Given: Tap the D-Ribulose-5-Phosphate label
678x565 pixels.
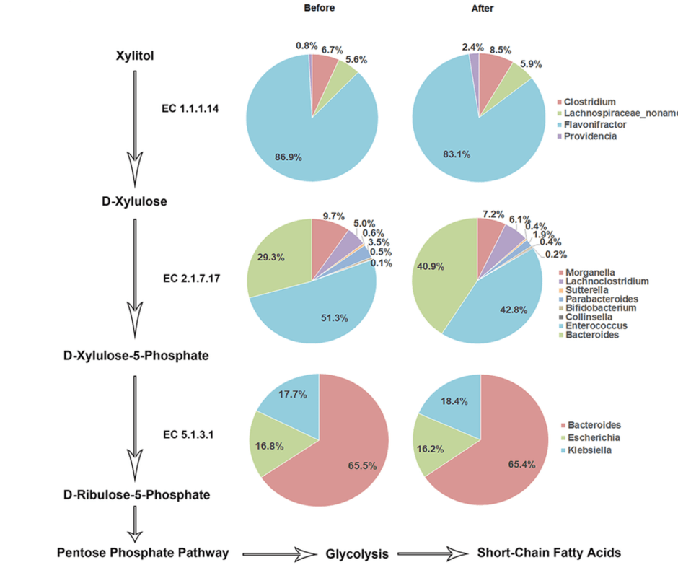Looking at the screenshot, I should [x=136, y=495].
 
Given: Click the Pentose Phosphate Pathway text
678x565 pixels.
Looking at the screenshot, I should [x=143, y=553].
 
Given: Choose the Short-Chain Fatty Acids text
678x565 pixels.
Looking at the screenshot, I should [x=549, y=553].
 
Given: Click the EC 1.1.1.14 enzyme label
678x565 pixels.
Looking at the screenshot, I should [x=190, y=109].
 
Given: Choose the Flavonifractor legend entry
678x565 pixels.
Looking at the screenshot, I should [x=595, y=125].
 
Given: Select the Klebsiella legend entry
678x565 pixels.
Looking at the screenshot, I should [x=589, y=449].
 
